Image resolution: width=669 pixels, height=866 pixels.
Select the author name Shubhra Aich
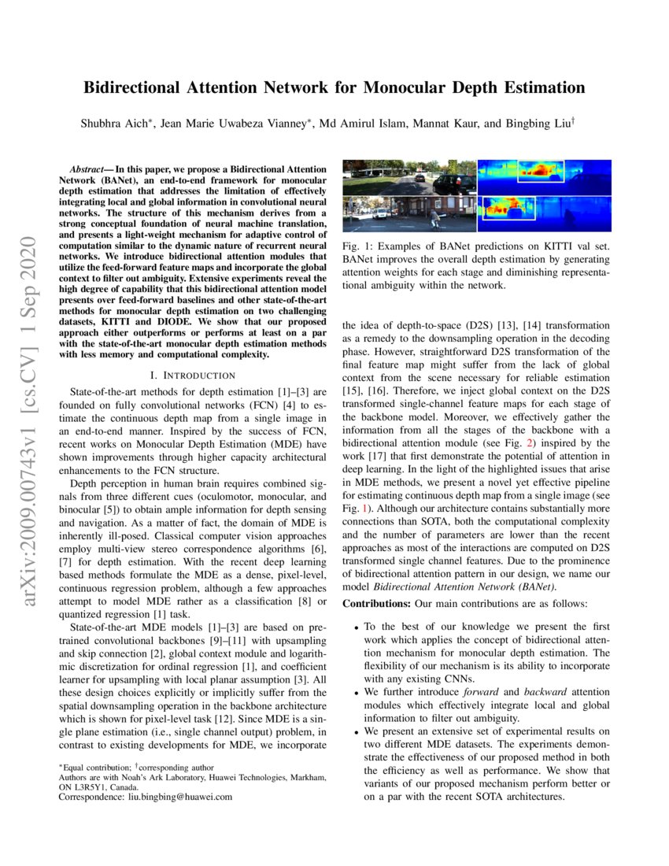tap(110, 124)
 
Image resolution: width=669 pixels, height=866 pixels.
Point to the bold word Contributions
tap(373, 603)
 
